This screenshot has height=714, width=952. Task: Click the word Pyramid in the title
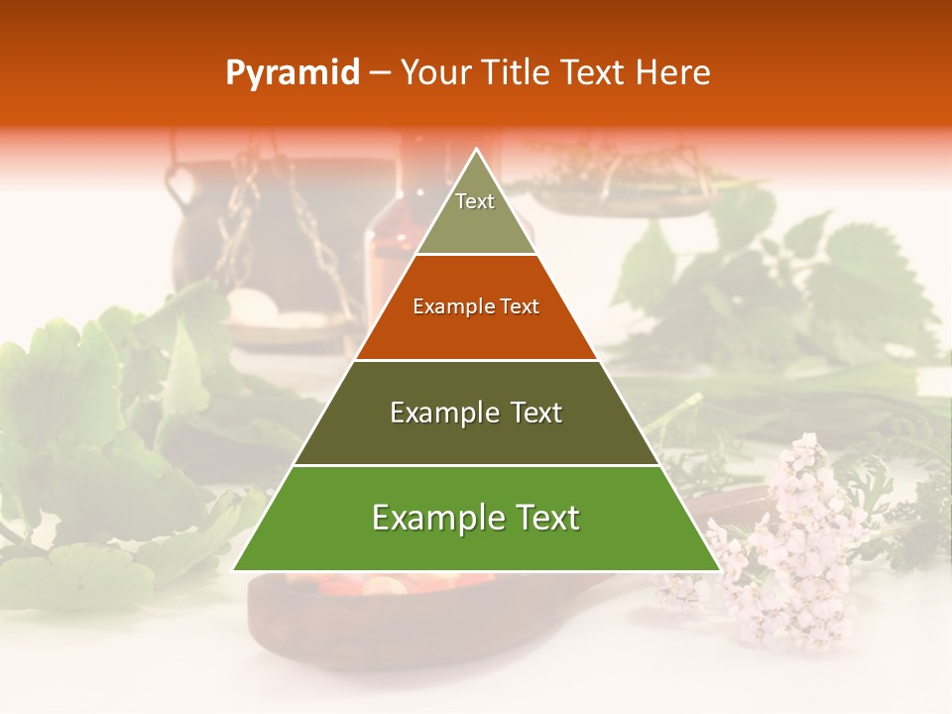[x=293, y=73]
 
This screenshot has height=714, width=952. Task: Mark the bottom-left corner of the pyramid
[x=235, y=570]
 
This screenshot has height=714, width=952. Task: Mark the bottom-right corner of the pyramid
[x=718, y=570]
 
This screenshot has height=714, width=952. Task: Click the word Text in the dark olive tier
[x=535, y=413]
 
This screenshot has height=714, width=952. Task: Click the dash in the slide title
[x=380, y=73]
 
